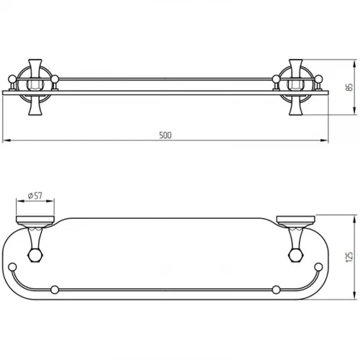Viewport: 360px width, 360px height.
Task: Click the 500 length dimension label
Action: tap(166, 135)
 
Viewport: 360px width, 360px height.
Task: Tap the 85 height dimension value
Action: tap(350, 87)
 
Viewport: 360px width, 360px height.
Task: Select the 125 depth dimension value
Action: tap(350, 257)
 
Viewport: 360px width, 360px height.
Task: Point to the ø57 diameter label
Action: tap(35, 196)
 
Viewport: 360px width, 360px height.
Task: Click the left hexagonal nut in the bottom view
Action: tap(35, 256)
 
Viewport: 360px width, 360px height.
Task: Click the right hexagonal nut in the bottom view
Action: tap(297, 256)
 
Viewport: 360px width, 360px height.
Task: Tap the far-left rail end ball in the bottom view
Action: tap(12, 267)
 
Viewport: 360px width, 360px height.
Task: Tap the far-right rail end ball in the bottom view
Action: tap(318, 267)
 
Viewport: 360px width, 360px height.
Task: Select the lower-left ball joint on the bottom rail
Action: tap(55, 289)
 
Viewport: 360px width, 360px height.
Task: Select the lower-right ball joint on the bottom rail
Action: tap(276, 289)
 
